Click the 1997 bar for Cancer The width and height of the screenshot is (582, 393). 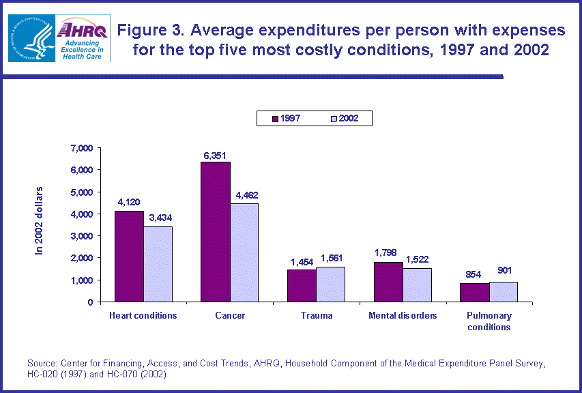215,232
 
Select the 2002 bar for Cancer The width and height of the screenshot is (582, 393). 244,252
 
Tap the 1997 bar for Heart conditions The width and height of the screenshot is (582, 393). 129,257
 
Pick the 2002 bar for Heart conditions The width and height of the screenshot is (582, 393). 158,264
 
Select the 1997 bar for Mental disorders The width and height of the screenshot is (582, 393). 388,282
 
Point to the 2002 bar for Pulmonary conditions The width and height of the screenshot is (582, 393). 503,292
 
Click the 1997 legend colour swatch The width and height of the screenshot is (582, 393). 275,118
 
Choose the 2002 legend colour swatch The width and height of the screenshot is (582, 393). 334,118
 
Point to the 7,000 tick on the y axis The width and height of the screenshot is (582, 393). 81,148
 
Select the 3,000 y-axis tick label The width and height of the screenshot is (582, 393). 81,236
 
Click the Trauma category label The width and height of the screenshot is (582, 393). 316,316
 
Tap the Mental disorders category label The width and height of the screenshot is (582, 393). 403,316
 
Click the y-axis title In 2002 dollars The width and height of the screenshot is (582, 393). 39,220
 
